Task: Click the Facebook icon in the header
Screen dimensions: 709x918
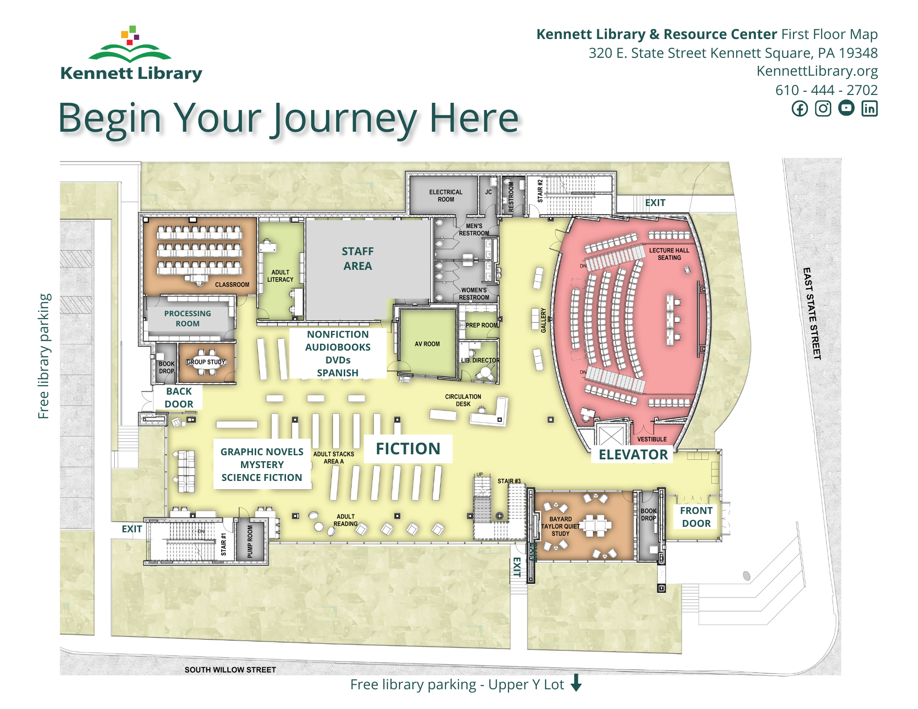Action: click(x=800, y=109)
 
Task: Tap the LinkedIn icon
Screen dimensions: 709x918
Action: click(x=869, y=109)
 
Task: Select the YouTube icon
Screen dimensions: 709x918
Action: click(x=846, y=108)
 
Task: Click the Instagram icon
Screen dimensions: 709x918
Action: click(x=823, y=109)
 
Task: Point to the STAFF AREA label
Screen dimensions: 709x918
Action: click(x=358, y=258)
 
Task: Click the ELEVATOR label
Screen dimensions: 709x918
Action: click(x=633, y=454)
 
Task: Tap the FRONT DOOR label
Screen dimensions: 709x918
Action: click(x=696, y=517)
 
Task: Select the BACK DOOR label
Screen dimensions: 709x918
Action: click(x=179, y=397)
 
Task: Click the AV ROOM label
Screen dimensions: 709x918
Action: click(x=427, y=344)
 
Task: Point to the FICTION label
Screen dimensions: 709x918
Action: click(x=408, y=448)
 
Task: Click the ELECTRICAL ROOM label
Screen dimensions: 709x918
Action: click(x=446, y=195)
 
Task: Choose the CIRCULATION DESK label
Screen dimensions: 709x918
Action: click(x=463, y=400)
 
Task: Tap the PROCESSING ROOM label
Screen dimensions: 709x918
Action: click(x=187, y=318)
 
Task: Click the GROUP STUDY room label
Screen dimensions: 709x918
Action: click(x=206, y=362)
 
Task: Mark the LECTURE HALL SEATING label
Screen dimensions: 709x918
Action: click(x=669, y=254)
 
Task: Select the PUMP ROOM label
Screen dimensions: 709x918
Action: click(x=250, y=541)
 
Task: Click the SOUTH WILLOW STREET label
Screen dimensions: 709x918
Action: click(x=230, y=670)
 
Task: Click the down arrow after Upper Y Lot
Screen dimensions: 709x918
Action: click(x=576, y=683)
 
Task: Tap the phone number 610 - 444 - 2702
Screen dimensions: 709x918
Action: click(x=826, y=90)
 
